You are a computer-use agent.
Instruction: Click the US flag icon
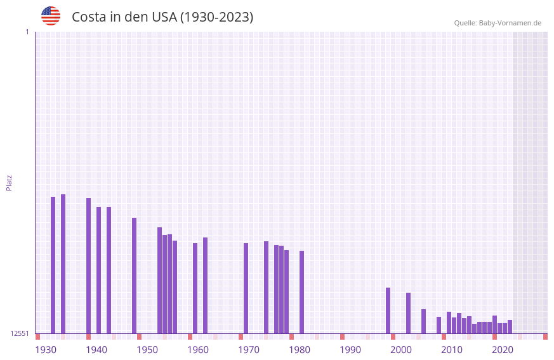[x=51, y=16]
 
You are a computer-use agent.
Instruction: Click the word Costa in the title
[x=89, y=17]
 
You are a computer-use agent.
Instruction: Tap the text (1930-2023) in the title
[x=216, y=17]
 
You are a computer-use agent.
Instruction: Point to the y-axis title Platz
[x=9, y=182]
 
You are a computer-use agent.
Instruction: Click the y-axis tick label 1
[x=27, y=32]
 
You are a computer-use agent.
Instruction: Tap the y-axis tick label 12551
[x=20, y=333]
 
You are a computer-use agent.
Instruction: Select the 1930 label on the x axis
[x=46, y=350]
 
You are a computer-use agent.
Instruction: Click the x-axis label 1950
[x=147, y=350]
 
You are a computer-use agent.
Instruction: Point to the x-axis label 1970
[x=249, y=350]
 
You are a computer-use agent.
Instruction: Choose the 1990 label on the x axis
[x=350, y=350]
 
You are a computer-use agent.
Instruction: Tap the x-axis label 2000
[x=401, y=350]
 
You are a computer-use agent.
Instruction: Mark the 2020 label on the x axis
[x=503, y=350]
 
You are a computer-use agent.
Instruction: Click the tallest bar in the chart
[x=63, y=263]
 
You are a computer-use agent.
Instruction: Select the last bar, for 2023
[x=510, y=327]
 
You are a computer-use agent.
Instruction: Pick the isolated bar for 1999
[x=388, y=310]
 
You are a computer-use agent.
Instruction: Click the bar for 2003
[x=409, y=313]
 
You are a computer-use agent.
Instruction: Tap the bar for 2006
[x=424, y=321]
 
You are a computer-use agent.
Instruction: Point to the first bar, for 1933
[x=53, y=265]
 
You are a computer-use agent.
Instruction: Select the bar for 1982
[x=302, y=292]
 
